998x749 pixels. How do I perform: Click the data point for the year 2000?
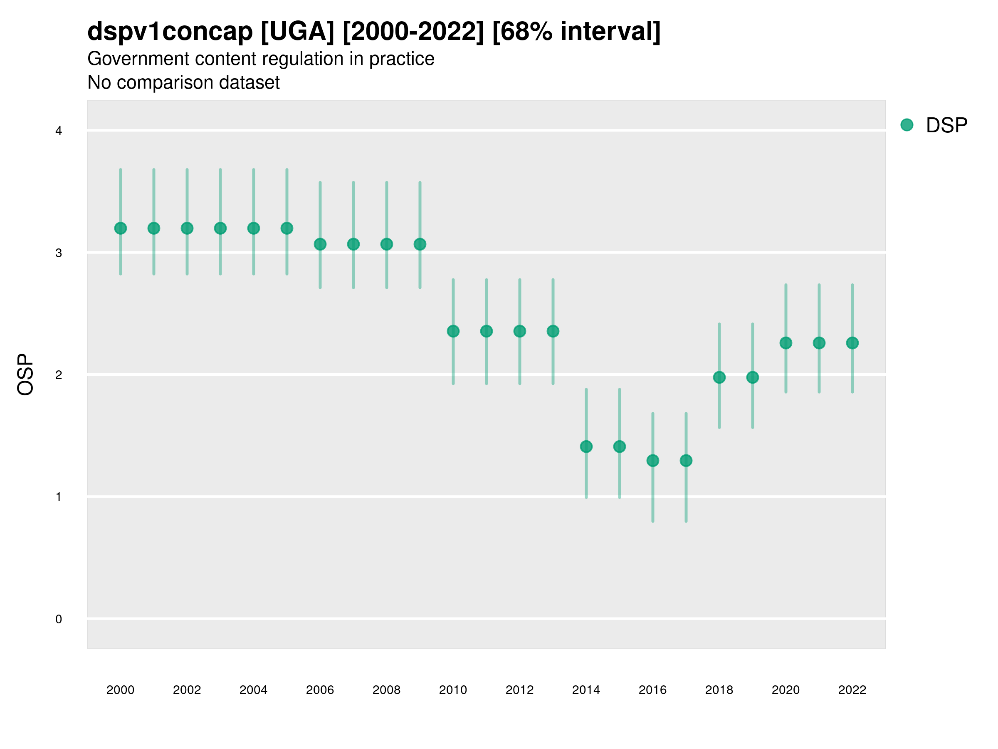[121, 228]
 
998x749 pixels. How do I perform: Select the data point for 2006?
[320, 244]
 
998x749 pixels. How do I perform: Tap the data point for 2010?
[453, 331]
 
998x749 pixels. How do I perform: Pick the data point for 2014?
[586, 446]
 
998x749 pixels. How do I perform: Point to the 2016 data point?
[652, 461]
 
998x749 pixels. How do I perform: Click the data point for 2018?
[719, 377]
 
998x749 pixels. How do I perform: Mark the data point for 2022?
[852, 343]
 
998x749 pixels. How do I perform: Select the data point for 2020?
[786, 343]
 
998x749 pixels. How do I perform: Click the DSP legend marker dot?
[907, 125]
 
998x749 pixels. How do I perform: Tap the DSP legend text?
[946, 126]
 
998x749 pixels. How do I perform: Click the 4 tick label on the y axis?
[59, 131]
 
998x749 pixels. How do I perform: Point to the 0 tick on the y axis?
[59, 619]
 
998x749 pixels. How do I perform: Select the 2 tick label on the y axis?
[59, 375]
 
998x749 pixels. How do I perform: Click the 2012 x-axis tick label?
[519, 690]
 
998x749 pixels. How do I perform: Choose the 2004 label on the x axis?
[253, 690]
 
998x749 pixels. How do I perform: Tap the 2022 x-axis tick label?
[852, 690]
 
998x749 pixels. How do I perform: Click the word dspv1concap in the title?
[170, 32]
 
